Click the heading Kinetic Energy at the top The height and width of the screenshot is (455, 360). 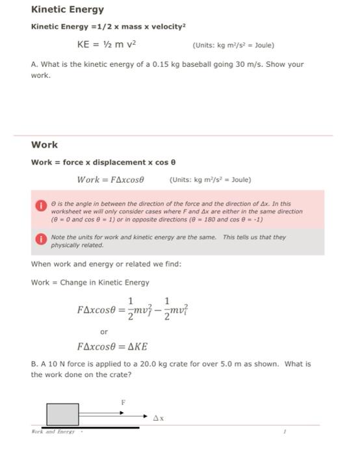click(x=68, y=10)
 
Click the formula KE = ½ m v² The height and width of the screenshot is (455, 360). click(x=107, y=45)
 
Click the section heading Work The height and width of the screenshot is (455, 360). click(x=44, y=144)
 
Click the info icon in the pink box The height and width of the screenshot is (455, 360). click(x=40, y=205)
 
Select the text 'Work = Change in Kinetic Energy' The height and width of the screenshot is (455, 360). click(x=90, y=282)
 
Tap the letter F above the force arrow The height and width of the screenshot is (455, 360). click(x=122, y=402)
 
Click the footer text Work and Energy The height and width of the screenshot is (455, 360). click(x=53, y=431)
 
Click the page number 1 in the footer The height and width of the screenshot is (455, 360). click(x=285, y=431)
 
